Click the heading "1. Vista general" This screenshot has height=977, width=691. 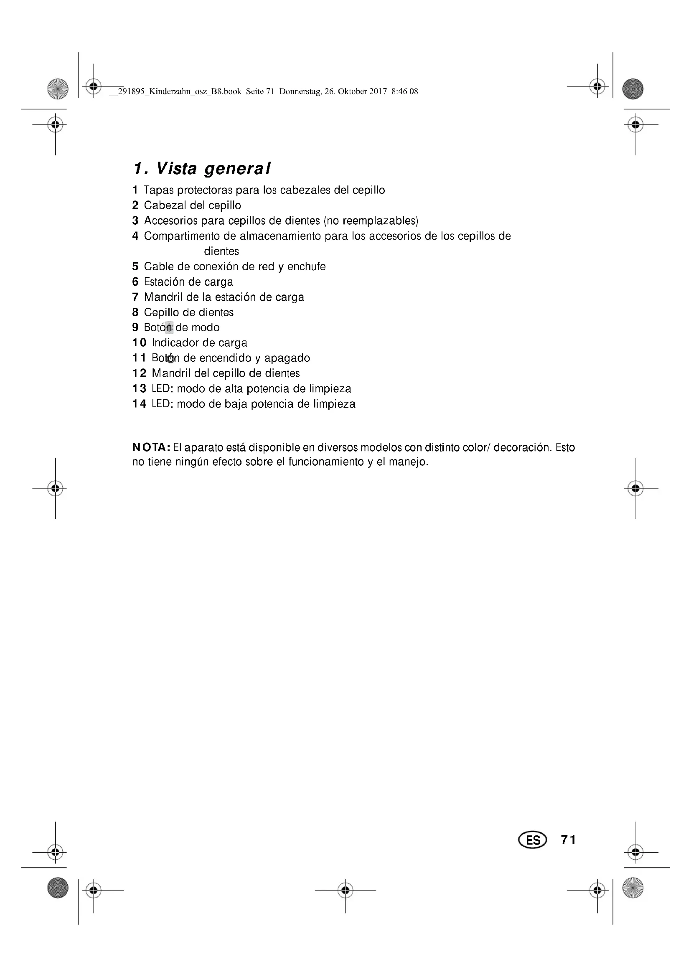pyautogui.click(x=202, y=168)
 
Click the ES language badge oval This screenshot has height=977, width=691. pyautogui.click(x=532, y=840)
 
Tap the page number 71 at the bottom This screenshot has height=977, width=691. pyautogui.click(x=569, y=840)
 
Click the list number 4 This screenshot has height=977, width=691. pyautogui.click(x=135, y=236)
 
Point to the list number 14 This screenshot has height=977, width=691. pyautogui.click(x=139, y=404)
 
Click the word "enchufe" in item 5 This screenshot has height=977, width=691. pyautogui.click(x=306, y=267)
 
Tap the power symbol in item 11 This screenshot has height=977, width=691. pyautogui.click(x=170, y=359)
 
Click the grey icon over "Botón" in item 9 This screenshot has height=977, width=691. pyautogui.click(x=169, y=327)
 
